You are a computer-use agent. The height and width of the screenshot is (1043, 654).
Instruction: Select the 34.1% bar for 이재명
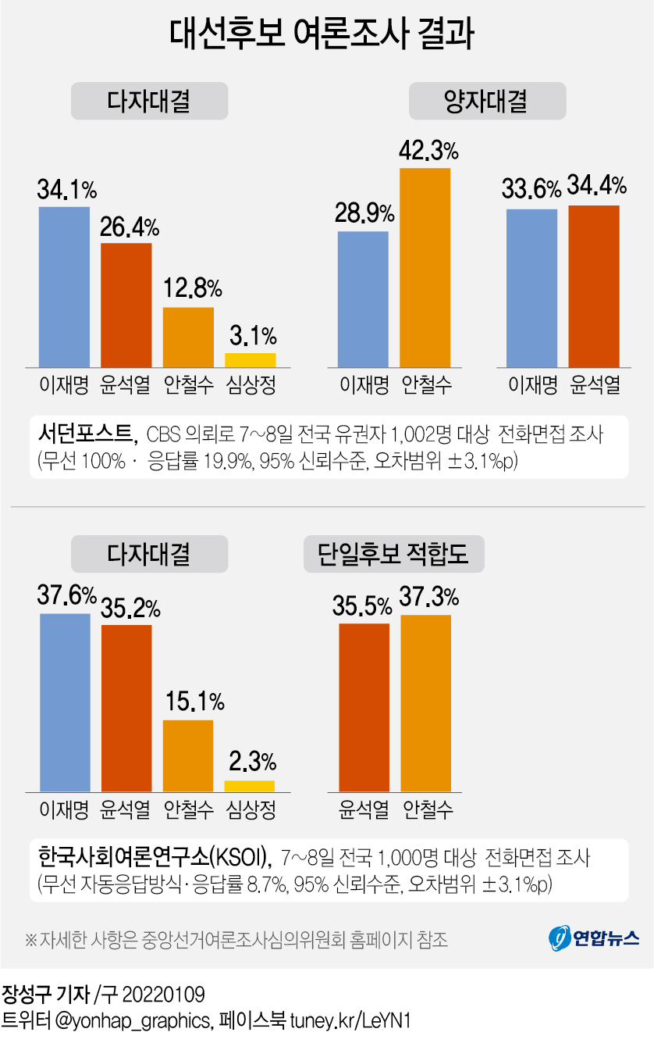(64, 287)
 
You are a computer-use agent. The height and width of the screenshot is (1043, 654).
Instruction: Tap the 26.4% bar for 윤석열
(126, 305)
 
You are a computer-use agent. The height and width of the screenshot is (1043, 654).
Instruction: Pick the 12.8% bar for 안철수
(187, 337)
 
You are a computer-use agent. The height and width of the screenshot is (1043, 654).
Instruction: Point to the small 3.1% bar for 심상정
(250, 360)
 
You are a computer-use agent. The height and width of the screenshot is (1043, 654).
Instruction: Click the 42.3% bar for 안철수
(425, 267)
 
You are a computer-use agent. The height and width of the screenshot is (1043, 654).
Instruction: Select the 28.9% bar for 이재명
(363, 299)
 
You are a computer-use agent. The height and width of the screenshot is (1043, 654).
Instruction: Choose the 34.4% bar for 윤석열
(594, 286)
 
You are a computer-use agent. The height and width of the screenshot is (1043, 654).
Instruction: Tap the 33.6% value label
(531, 190)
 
